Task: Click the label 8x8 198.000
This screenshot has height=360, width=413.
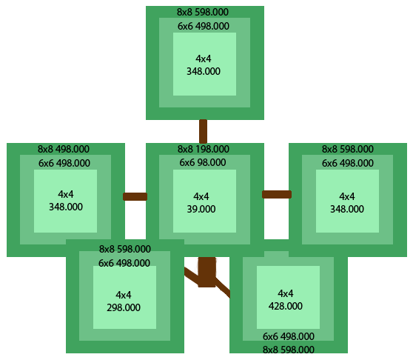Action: tap(203, 149)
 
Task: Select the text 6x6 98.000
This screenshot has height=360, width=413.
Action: tap(203, 162)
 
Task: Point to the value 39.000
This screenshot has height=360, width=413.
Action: tap(201, 209)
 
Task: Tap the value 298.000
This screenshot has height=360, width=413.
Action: tap(124, 307)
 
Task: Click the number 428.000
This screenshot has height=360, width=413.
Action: tap(286, 306)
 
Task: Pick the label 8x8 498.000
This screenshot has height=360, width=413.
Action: tap(64, 149)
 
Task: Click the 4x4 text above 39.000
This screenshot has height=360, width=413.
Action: tap(201, 196)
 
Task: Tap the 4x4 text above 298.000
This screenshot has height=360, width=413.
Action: tap(124, 295)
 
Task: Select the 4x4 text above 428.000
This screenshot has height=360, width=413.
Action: tap(286, 293)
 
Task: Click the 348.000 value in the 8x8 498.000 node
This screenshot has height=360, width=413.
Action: tap(66, 207)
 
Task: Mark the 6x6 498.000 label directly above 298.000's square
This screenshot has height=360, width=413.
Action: tap(124, 263)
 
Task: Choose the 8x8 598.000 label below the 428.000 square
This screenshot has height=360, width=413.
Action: tap(289, 350)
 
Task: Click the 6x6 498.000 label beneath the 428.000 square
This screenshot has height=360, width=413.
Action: tap(289, 336)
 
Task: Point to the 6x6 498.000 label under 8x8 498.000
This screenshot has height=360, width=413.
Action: tap(64, 163)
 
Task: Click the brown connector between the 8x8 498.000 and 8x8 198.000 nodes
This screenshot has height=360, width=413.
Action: tap(135, 196)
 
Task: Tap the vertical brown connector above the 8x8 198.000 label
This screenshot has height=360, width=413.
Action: tap(203, 132)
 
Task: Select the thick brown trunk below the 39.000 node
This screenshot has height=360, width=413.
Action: tap(206, 272)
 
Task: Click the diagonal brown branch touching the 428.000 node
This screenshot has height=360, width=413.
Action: tap(223, 288)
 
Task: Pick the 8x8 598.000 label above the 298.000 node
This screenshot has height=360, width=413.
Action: tap(125, 249)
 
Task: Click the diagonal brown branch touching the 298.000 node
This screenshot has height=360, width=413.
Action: tap(191, 276)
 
